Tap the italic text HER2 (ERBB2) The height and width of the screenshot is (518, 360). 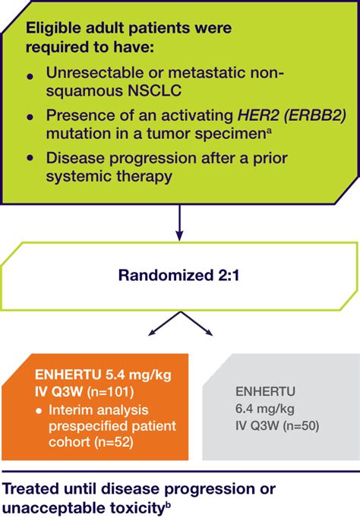pos(292,115)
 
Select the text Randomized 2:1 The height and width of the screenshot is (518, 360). pos(178,276)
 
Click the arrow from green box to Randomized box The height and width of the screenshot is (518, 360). pos(179,223)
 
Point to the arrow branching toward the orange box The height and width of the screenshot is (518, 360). pos(164,324)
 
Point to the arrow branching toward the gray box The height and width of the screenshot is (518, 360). pos(196,324)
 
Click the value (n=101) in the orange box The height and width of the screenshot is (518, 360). pos(110,392)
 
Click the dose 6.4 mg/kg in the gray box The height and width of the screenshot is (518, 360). pos(265,409)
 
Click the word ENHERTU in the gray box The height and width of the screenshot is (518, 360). pos(265,392)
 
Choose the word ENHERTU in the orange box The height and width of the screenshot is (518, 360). pos(68,375)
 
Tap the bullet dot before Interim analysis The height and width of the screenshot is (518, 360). pos(39,412)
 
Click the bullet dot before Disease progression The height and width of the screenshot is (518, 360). pos(30,158)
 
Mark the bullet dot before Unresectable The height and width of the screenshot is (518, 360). pos(30,77)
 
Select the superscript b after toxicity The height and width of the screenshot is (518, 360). pos(167,505)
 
